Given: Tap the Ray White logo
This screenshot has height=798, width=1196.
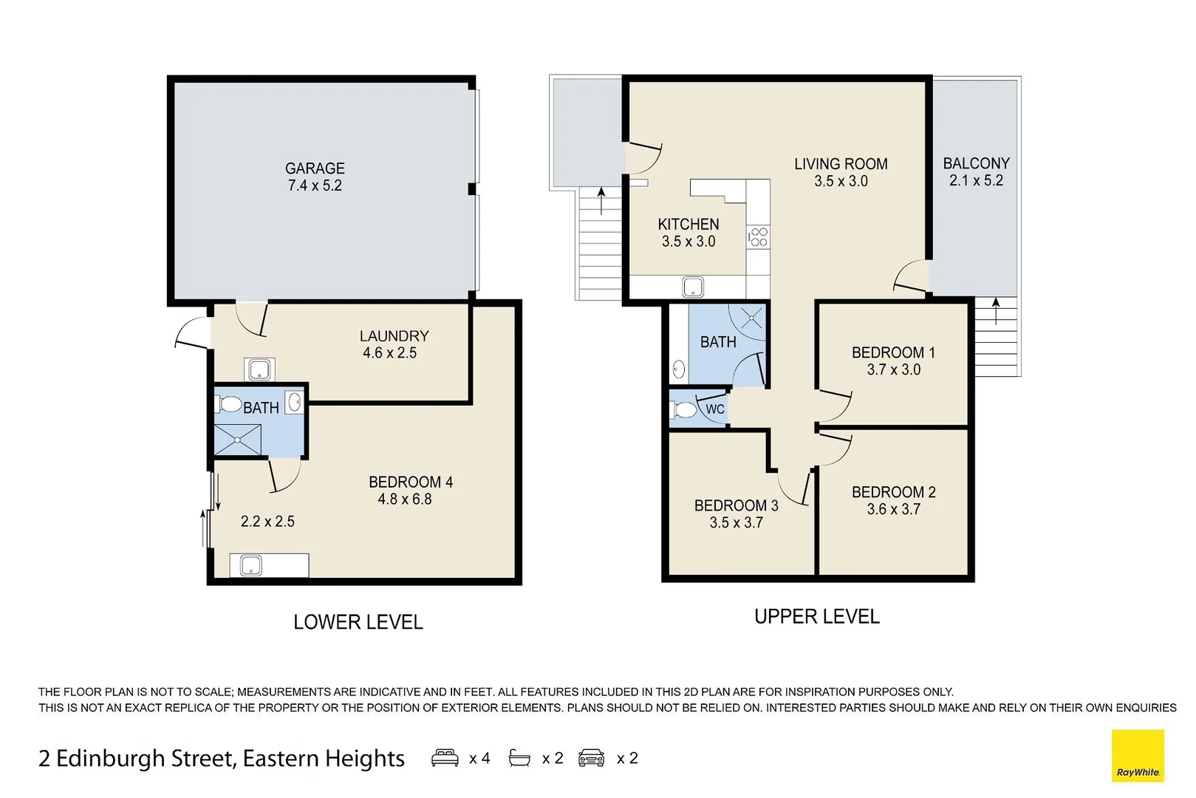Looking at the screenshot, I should click(x=1138, y=756).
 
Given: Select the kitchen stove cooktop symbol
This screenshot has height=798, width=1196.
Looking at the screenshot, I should click(x=759, y=237).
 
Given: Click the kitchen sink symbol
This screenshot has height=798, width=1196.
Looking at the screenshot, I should click(x=693, y=287).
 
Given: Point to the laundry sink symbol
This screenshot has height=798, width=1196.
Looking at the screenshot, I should click(x=259, y=369).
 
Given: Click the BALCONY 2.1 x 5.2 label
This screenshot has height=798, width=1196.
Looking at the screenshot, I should click(x=976, y=171).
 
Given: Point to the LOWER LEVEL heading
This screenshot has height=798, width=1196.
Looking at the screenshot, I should click(x=358, y=622).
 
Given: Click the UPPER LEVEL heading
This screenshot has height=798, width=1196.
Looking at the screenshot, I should click(x=816, y=616).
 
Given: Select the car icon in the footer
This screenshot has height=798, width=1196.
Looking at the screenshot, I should click(x=591, y=758).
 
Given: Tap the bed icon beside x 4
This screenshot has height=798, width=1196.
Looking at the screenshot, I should click(x=445, y=758).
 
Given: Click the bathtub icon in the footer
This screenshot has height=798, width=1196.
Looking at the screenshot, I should click(x=519, y=758).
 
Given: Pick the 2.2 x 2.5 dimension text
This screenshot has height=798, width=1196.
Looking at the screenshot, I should click(x=267, y=522).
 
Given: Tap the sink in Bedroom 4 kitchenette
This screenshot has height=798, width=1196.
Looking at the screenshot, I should click(x=250, y=566).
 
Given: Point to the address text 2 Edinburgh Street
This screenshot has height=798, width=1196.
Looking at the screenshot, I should click(x=222, y=759).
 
